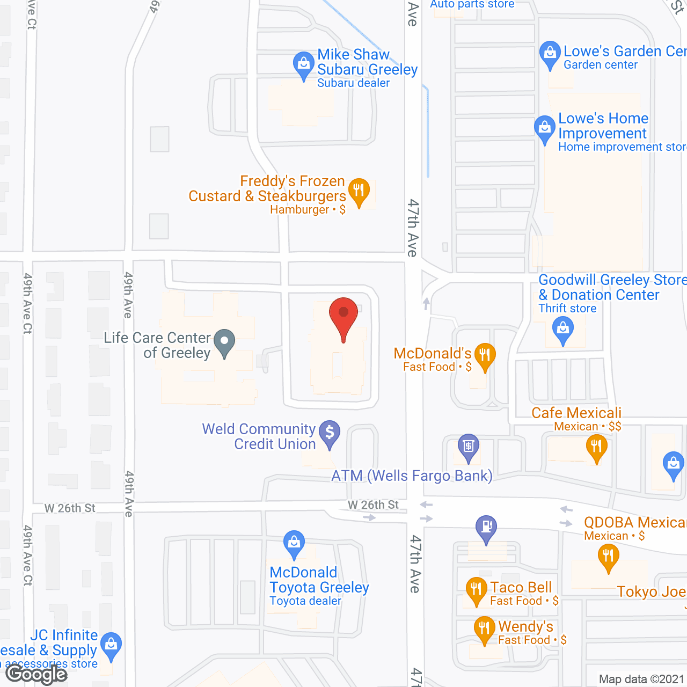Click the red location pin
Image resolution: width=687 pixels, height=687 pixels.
coord(343,314)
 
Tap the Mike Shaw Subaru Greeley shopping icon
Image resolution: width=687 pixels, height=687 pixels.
coord(303,64)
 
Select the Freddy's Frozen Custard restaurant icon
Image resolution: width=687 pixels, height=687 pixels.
coord(359,190)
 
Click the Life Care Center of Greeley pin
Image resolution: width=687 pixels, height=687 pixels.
coord(224,341)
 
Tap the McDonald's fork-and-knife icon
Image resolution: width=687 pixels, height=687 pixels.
coord(485,355)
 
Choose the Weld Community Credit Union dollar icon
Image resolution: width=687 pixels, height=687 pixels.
coord(330,433)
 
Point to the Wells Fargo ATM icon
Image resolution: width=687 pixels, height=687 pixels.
coord(468,446)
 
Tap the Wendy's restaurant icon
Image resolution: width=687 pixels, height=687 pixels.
coord(484,628)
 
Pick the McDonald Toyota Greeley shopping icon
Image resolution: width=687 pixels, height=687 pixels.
coord(294,543)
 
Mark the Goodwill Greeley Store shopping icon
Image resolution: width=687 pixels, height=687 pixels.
coord(563,328)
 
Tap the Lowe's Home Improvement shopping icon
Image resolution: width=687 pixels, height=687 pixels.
coord(545,128)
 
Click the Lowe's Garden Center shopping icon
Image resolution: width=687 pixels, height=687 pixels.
coord(550,53)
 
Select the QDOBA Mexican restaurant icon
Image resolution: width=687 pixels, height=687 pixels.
coord(608,556)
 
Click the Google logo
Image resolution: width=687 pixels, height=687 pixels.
coord(36,674)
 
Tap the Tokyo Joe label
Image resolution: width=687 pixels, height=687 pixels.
coord(651,591)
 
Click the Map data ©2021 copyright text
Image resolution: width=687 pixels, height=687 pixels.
coord(641,679)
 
